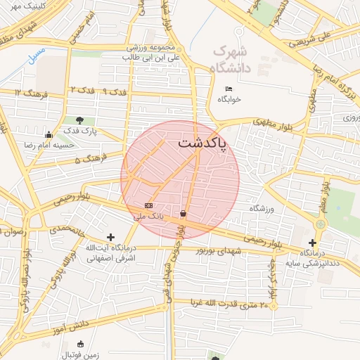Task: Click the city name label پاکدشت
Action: coord(202,143)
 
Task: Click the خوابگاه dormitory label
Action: coord(229,99)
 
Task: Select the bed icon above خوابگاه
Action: coord(229,89)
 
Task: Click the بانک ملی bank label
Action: coord(148,216)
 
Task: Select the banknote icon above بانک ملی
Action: coord(148,205)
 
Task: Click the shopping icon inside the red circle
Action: coord(184,213)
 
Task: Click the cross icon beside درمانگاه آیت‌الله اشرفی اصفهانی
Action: coord(110,238)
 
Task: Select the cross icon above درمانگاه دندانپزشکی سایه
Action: coord(312,243)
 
